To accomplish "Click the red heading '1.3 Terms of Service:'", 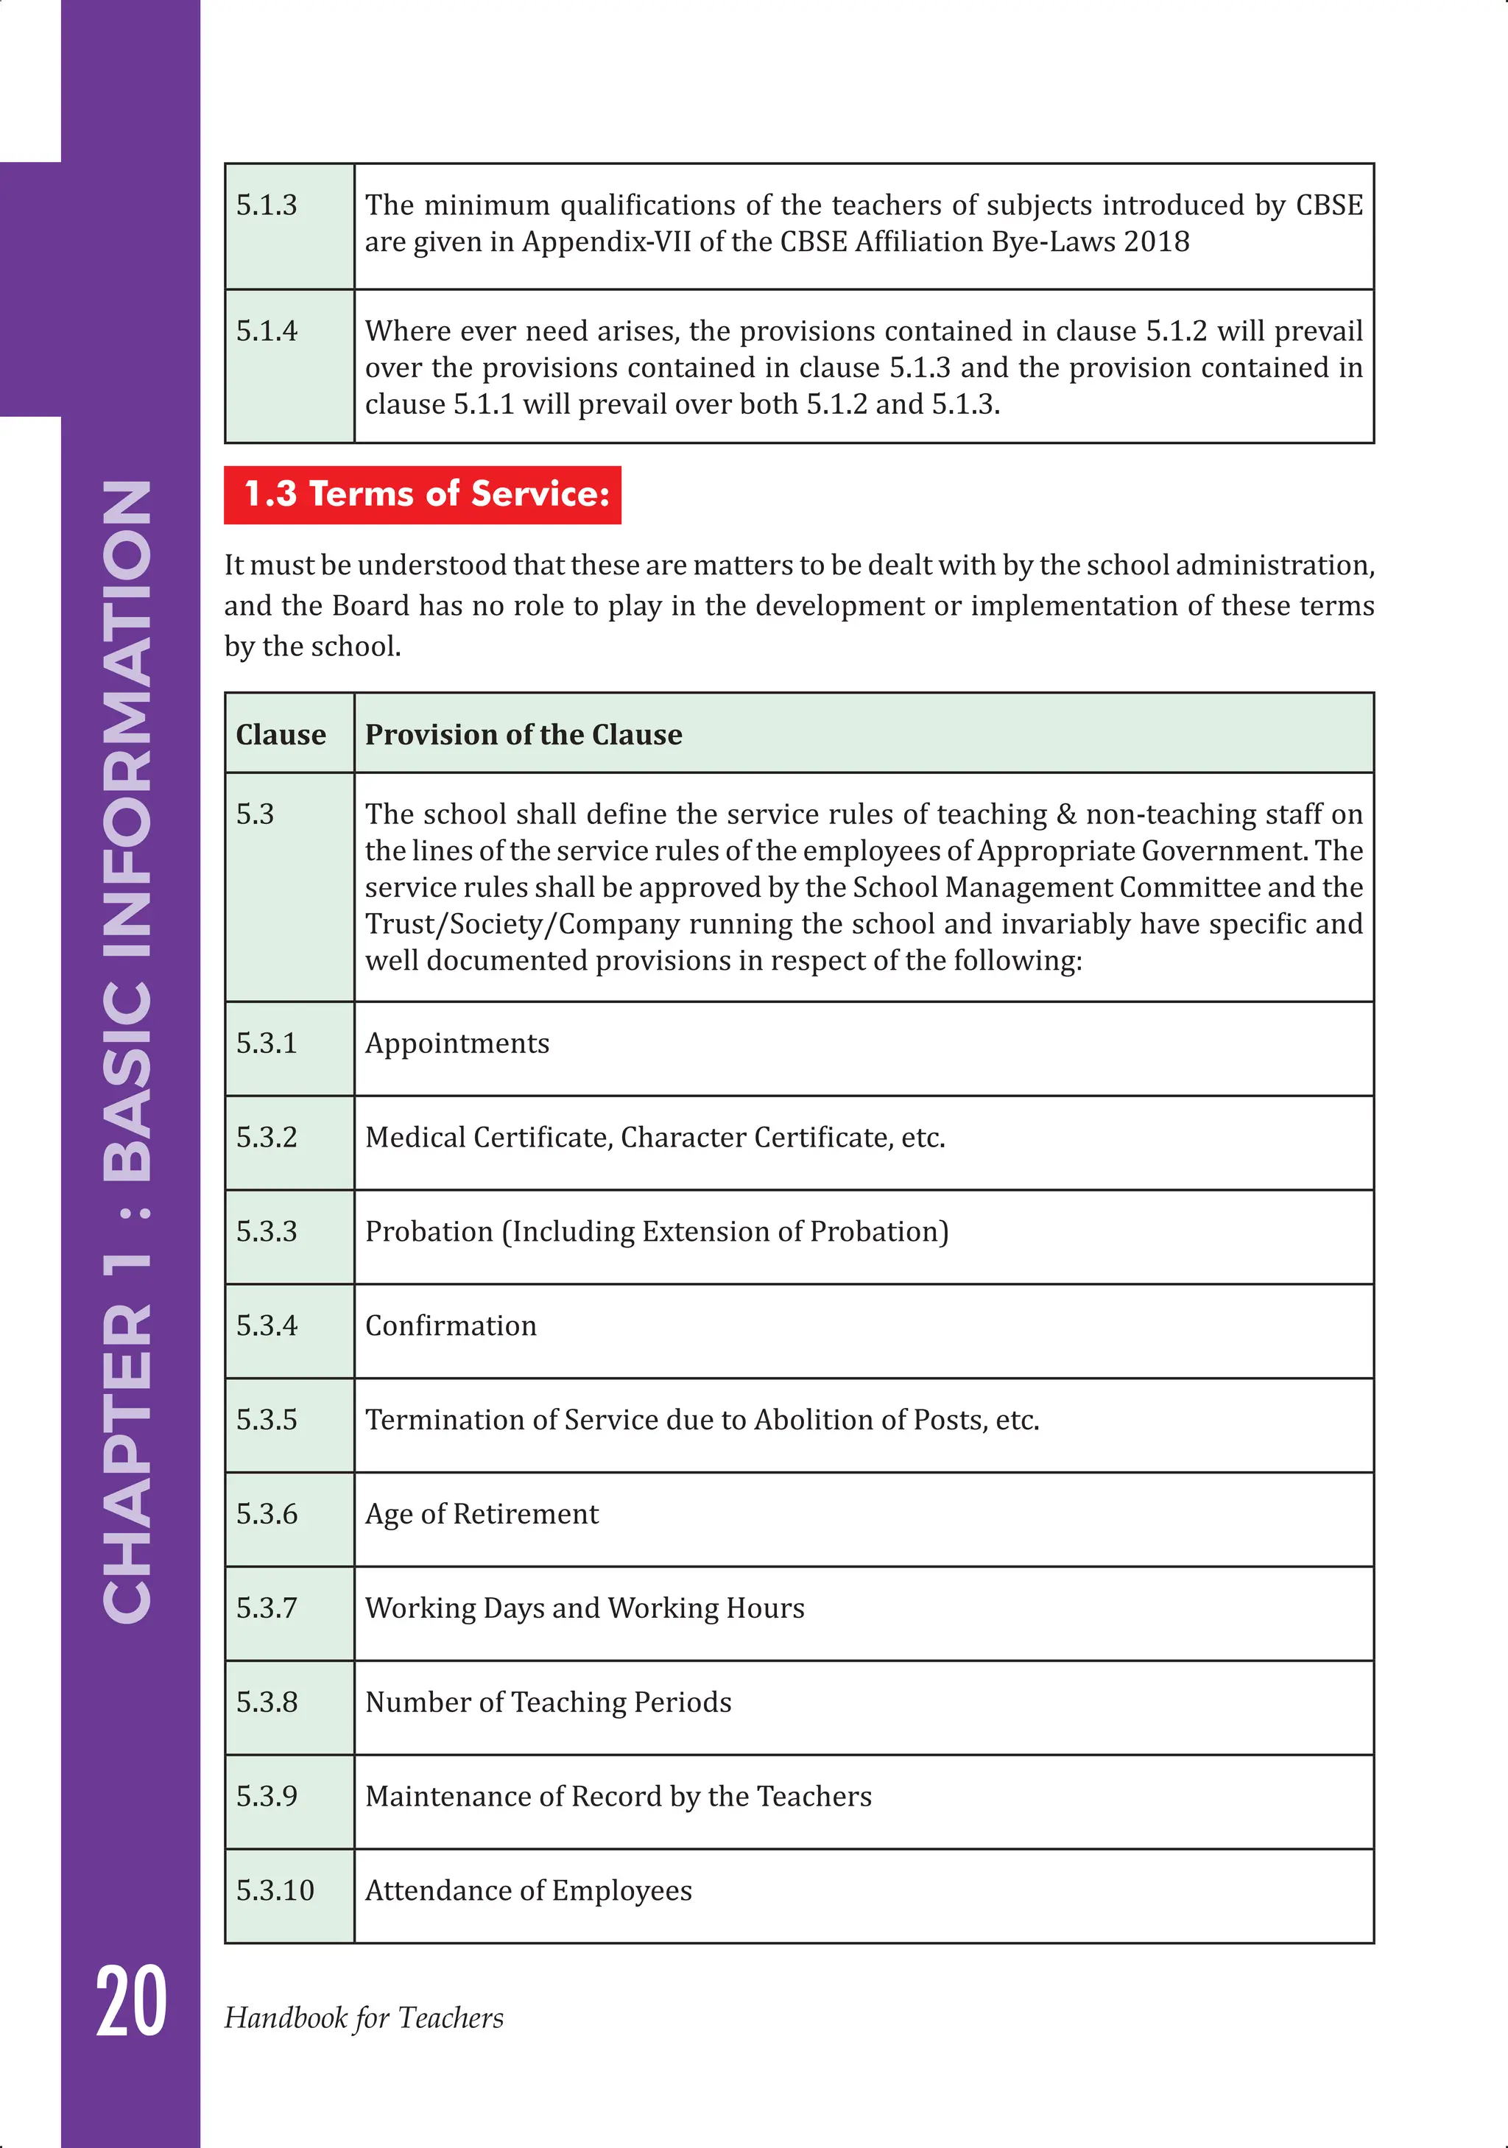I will tap(423, 494).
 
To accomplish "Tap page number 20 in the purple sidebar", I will tap(131, 2002).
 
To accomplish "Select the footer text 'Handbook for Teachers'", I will tap(363, 2017).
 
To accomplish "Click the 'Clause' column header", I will tap(281, 734).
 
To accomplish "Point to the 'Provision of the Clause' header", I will tap(523, 734).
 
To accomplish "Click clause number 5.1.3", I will tap(267, 205).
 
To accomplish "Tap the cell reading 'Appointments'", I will tap(457, 1043).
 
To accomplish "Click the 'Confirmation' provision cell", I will tap(450, 1325).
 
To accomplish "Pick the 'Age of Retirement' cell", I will tap(481, 1514).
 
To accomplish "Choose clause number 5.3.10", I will tap(275, 1890).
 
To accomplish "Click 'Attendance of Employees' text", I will tap(528, 1890).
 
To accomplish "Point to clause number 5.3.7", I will tap(267, 1608).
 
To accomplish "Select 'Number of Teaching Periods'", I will tap(547, 1702).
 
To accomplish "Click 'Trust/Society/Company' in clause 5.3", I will tap(521, 924).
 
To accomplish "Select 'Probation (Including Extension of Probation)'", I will tap(656, 1231).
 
